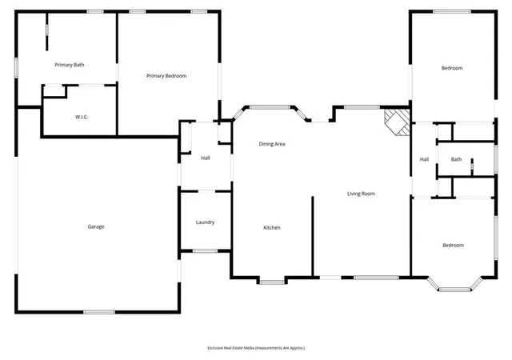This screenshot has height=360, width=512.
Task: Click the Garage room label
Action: pyautogui.click(x=96, y=226)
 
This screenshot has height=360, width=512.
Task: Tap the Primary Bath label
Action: pyautogui.click(x=70, y=65)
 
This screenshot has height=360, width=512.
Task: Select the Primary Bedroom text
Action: pyautogui.click(x=166, y=76)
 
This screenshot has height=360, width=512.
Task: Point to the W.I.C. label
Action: pyautogui.click(x=82, y=117)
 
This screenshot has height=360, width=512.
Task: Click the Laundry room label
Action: pyautogui.click(x=205, y=222)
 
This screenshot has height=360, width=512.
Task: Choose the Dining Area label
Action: pyautogui.click(x=272, y=144)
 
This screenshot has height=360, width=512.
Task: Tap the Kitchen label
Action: pyautogui.click(x=272, y=228)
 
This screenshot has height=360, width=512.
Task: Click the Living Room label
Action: pyautogui.click(x=361, y=194)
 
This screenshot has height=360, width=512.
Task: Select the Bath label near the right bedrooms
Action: pyautogui.click(x=456, y=159)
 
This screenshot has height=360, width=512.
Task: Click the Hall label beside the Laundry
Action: pyautogui.click(x=206, y=158)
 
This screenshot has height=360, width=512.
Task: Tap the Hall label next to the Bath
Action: pyautogui.click(x=424, y=159)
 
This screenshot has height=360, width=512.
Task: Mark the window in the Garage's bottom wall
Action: pyautogui.click(x=99, y=312)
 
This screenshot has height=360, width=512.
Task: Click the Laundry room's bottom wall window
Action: pyautogui.click(x=205, y=251)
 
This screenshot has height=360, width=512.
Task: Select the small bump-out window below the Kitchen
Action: pyautogui.click(x=272, y=282)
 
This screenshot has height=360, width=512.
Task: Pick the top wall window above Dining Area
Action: pyautogui.click(x=270, y=107)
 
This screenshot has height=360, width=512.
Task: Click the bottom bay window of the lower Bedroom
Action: pyautogui.click(x=454, y=290)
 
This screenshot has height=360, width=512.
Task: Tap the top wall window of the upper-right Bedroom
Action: pyautogui.click(x=452, y=11)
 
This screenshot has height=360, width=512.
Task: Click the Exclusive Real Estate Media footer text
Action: pyautogui.click(x=256, y=348)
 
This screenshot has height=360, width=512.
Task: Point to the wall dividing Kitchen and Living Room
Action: pyautogui.click(x=313, y=236)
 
